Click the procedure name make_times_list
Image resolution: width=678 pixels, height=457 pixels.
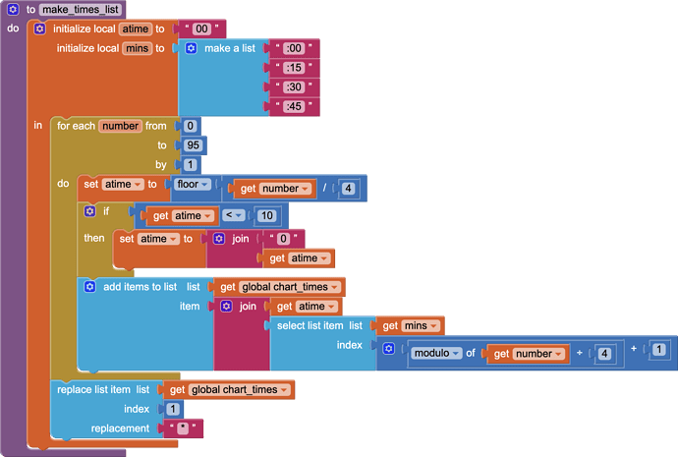pos(82,9)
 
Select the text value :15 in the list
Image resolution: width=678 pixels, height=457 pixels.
pos(292,68)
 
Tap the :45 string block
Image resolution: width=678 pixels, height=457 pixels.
pos(292,106)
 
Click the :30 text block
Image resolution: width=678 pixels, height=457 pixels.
pos(292,86)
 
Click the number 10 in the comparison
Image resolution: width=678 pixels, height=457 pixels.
pos(266,215)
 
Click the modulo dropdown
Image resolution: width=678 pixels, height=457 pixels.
pos(435,354)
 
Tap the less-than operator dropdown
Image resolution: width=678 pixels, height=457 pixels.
pos(232,215)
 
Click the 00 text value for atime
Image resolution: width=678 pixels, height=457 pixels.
pos(202,29)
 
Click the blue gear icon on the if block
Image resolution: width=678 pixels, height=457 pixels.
pos(89,210)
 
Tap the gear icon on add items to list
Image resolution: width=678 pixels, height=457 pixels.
pos(89,287)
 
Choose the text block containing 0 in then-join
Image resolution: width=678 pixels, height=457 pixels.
pos(284,238)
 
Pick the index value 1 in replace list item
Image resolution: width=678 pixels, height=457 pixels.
pos(173,409)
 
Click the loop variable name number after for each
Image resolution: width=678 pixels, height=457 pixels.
pos(121,126)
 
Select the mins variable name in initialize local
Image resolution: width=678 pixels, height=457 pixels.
pos(137,47)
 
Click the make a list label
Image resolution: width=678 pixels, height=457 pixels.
pos(230,48)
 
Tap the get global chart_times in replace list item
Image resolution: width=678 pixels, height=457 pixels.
pos(231,390)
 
